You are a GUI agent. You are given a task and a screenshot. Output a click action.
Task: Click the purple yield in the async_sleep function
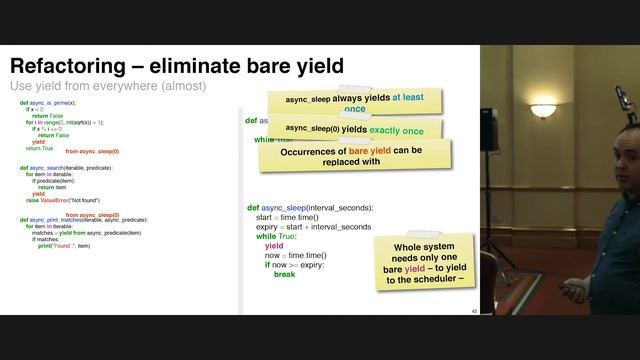274,246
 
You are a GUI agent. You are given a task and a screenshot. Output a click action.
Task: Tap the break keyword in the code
284,274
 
